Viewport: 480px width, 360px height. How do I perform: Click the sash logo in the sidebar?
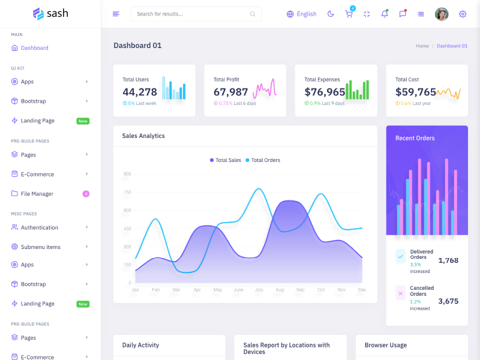(50, 13)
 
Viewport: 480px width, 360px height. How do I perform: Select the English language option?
(301, 14)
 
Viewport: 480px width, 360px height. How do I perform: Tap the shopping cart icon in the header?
(349, 14)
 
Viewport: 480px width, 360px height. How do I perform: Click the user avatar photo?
(442, 14)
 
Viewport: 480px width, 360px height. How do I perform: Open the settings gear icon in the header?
(463, 14)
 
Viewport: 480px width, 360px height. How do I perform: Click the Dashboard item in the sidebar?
(34, 48)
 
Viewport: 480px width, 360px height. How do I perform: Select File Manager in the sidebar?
(37, 194)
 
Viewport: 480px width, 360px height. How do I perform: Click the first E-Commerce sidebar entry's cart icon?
(14, 174)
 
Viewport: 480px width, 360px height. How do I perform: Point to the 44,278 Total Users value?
(140, 92)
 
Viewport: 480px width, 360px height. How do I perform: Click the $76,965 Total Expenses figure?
(325, 92)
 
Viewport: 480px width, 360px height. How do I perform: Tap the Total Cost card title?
(407, 79)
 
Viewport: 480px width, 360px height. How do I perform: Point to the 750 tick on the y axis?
(127, 192)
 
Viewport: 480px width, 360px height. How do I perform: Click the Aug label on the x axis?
(280, 290)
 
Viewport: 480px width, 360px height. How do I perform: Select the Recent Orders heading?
(415, 138)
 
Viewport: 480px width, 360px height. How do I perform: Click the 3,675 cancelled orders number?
(448, 301)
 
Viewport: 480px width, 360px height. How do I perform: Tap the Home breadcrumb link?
(422, 46)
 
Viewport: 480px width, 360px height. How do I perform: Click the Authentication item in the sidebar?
(39, 227)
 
